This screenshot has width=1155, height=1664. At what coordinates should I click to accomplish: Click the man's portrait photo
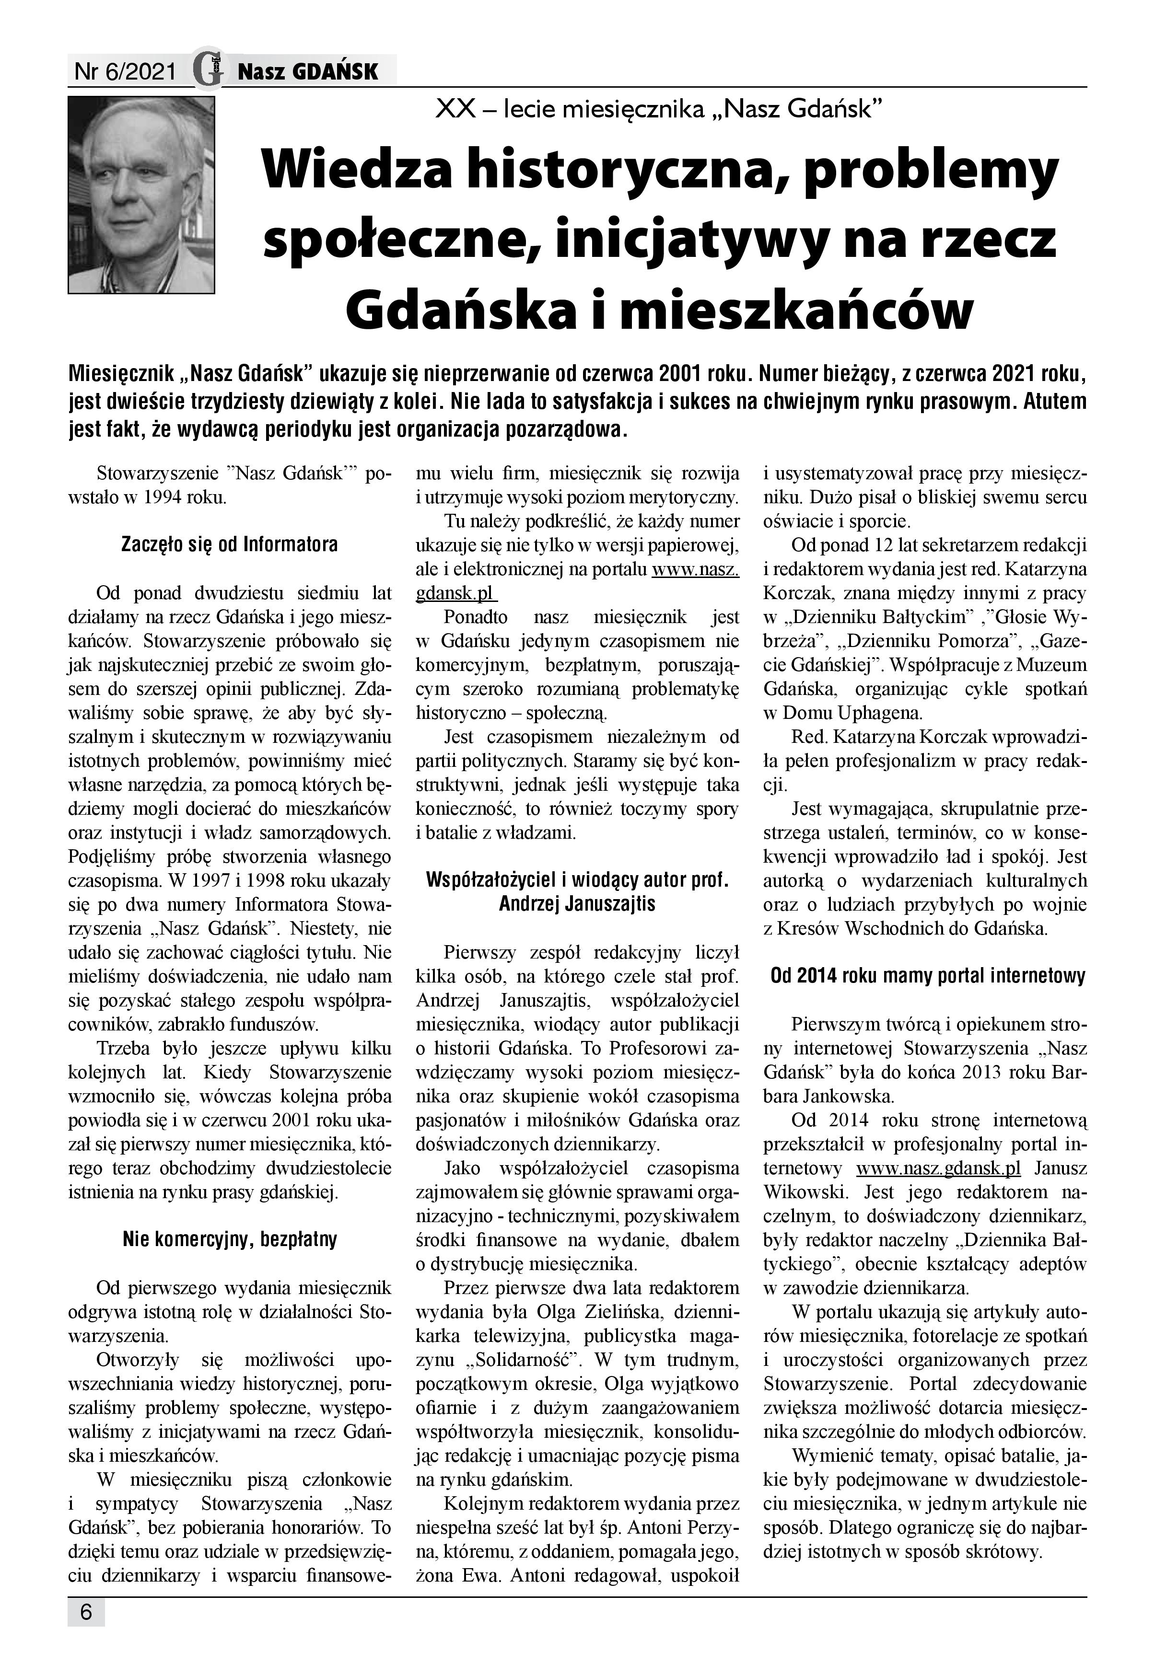coord(141,196)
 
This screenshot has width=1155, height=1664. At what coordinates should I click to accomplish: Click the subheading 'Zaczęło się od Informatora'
coord(229,544)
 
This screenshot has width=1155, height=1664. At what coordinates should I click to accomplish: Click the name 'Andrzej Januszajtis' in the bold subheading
coord(577,903)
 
